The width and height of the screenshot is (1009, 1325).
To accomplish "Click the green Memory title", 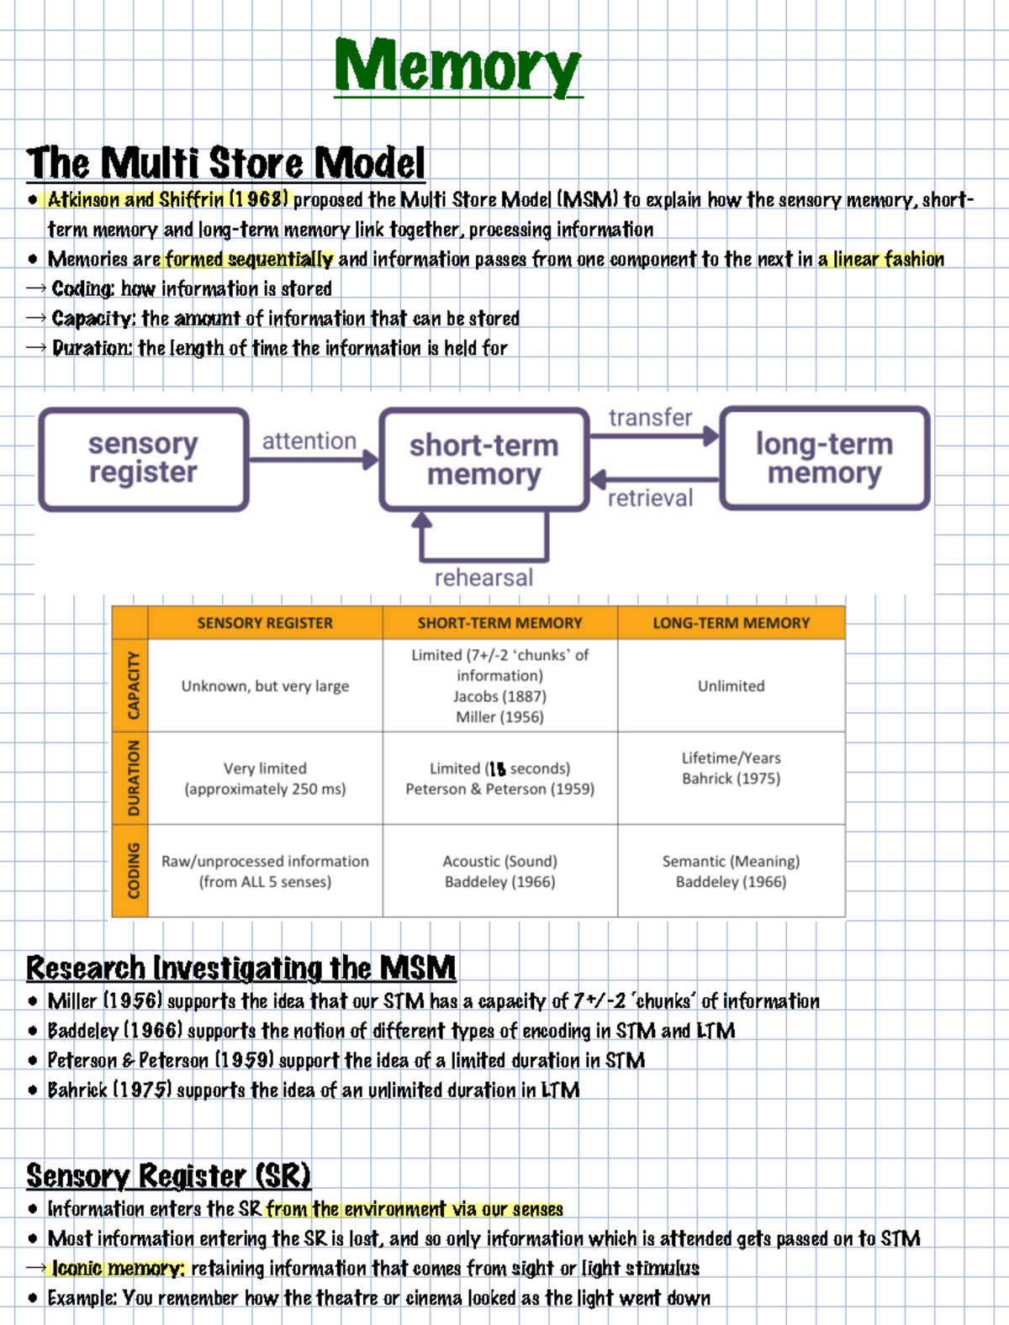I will pyautogui.click(x=457, y=67).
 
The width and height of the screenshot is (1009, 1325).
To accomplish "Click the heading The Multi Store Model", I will pyautogui.click(x=225, y=163).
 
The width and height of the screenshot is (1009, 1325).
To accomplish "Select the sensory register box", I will pyautogui.click(x=144, y=459).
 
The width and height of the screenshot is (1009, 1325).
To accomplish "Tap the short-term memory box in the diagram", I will pyautogui.click(x=484, y=460).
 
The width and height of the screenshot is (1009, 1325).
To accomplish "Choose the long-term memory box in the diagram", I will pyautogui.click(x=824, y=458).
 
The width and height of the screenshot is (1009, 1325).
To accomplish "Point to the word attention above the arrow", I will pyautogui.click(x=309, y=441).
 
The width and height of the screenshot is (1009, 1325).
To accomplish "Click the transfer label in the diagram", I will pyautogui.click(x=650, y=418).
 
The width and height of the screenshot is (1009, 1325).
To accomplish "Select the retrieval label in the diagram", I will pyautogui.click(x=650, y=499).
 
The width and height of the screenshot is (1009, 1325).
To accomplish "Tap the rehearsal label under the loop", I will pyautogui.click(x=483, y=578).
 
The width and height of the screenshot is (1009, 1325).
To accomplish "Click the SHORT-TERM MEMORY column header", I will pyautogui.click(x=499, y=623).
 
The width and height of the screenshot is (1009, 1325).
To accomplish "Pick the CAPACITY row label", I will pyautogui.click(x=131, y=685).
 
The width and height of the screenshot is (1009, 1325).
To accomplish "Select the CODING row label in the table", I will pyautogui.click(x=131, y=870).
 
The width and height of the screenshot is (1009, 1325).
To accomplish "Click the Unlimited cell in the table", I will pyautogui.click(x=731, y=686).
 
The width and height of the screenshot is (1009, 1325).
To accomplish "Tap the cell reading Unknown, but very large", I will pyautogui.click(x=265, y=686).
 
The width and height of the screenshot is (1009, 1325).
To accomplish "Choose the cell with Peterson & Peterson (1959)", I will pyautogui.click(x=499, y=779).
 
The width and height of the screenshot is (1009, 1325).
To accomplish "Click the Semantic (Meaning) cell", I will pyautogui.click(x=731, y=871).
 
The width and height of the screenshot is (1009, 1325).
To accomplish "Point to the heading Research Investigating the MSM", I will pyautogui.click(x=240, y=969).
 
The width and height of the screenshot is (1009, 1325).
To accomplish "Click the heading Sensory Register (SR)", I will pyautogui.click(x=168, y=1175).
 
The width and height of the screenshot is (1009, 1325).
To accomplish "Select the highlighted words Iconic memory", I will pyautogui.click(x=118, y=1269).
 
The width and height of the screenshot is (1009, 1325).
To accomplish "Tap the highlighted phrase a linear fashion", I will pyautogui.click(x=880, y=260).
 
